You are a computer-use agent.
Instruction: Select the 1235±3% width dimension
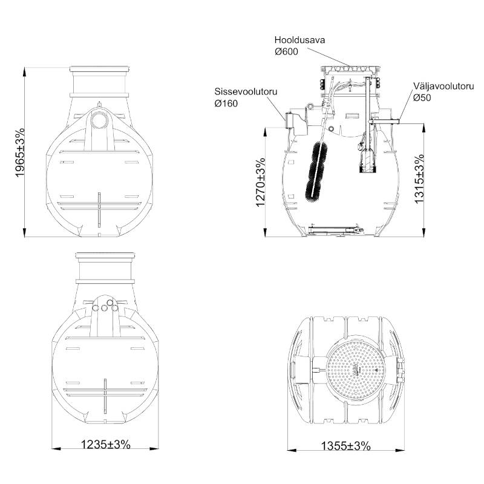[x=105, y=445]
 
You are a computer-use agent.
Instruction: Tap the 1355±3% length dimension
[x=345, y=446]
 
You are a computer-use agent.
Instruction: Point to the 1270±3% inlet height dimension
[x=261, y=183]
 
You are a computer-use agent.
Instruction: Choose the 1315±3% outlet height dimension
[x=419, y=178]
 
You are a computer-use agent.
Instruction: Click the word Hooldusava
[x=299, y=40]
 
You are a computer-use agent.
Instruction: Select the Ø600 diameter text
[x=286, y=51]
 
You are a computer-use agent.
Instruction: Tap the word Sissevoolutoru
[x=246, y=92]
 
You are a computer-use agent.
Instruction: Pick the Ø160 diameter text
[x=226, y=103]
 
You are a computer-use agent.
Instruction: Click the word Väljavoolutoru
[x=443, y=86]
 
